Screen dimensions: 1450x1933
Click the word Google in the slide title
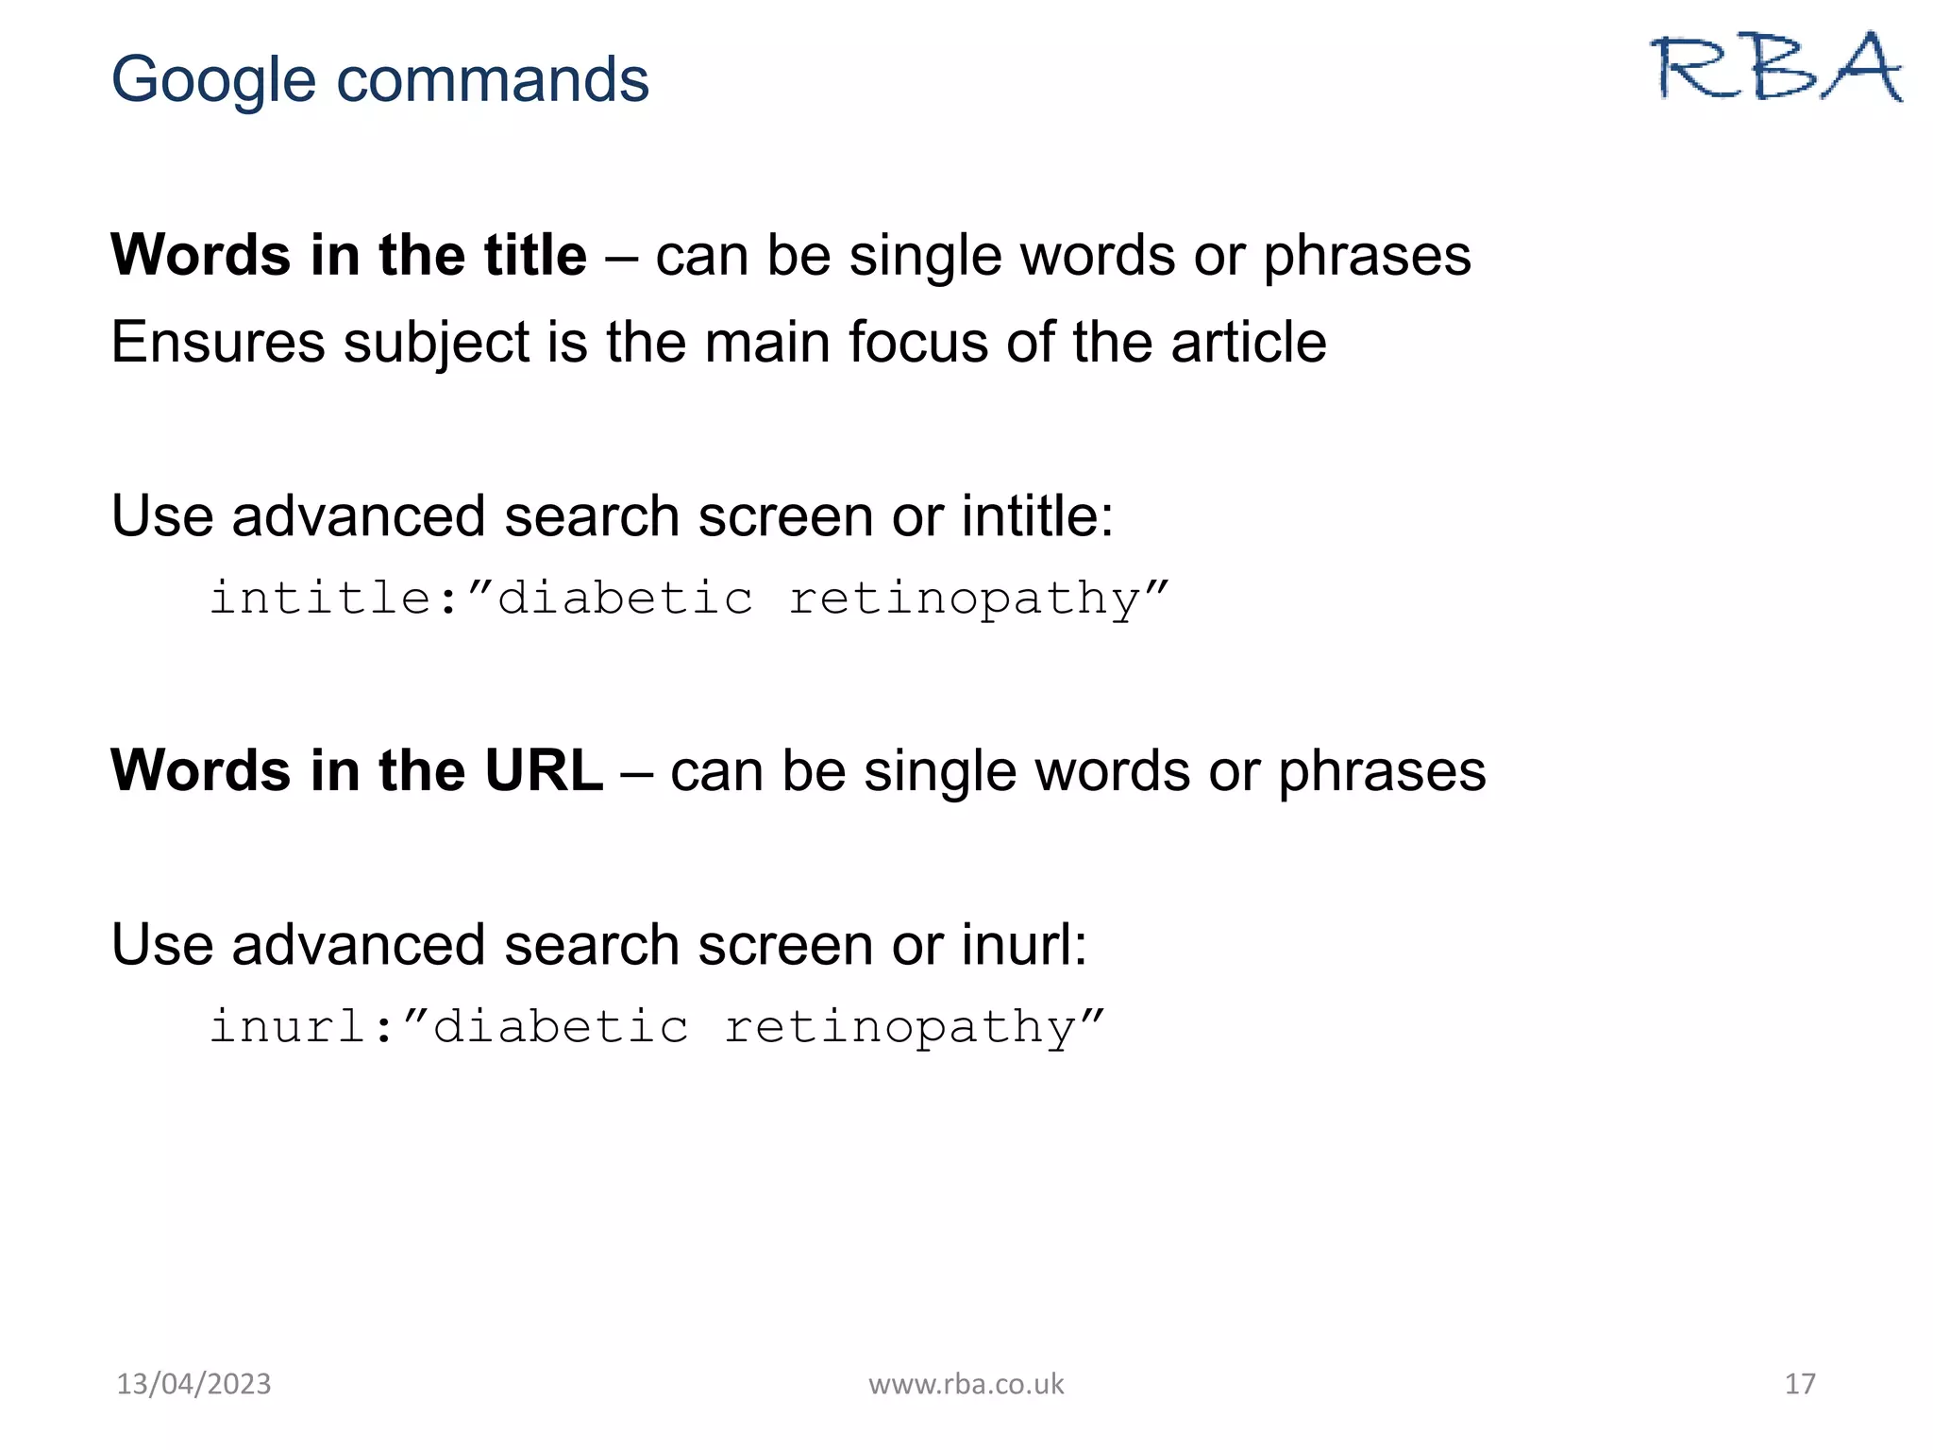213,79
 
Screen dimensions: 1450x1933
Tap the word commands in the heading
493,79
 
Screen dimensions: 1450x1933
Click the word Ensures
218,342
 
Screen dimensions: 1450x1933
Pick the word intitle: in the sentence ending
1037,516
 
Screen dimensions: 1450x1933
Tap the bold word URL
544,770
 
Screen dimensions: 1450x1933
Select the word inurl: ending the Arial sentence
1024,945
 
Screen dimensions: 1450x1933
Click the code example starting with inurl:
656,1027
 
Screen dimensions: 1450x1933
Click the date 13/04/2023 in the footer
193,1384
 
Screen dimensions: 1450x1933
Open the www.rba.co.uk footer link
966,1384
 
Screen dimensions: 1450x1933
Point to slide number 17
1799,1384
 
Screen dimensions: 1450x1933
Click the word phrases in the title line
1367,257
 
